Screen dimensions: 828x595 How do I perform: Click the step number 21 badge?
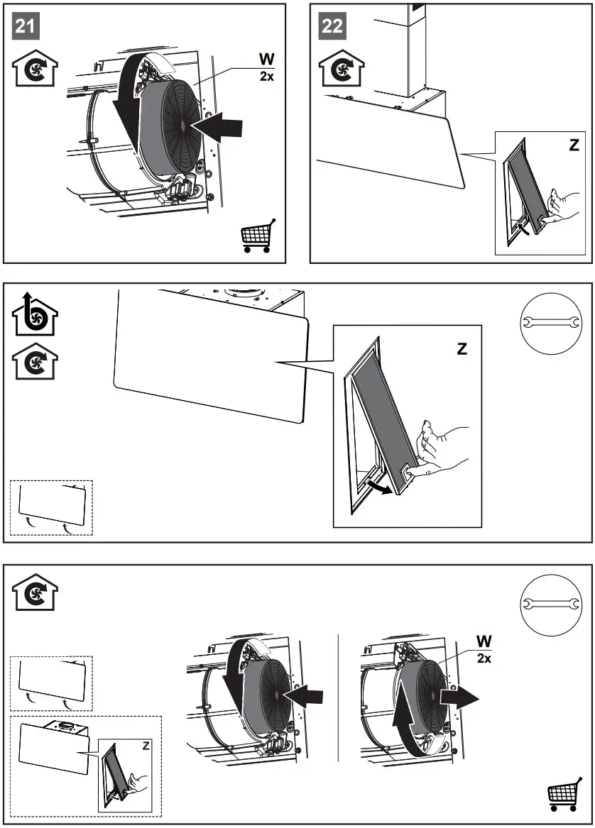point(26,27)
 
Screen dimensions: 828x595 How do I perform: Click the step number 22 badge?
point(332,27)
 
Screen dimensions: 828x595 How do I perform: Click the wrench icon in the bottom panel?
point(546,604)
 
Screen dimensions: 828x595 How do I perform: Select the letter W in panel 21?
point(266,58)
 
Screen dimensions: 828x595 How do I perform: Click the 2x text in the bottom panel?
point(484,659)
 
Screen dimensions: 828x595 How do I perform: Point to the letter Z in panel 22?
point(574,145)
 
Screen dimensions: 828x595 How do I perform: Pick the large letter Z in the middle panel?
point(462,348)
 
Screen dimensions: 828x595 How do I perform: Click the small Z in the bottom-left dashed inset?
point(146,745)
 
